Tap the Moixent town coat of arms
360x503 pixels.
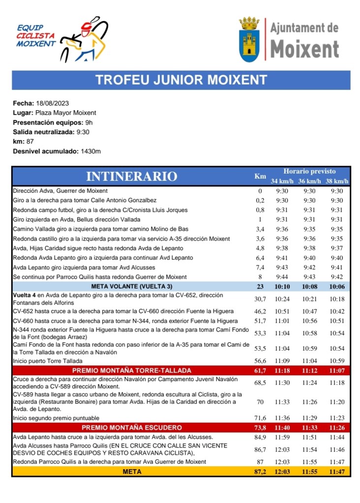pyautogui.click(x=249, y=39)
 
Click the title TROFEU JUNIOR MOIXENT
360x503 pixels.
pyautogui.click(x=181, y=80)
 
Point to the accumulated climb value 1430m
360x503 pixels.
pyautogui.click(x=90, y=151)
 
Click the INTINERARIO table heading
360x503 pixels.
pyautogui.click(x=131, y=176)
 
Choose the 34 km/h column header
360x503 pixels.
pyautogui.click(x=282, y=181)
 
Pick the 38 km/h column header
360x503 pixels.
pyautogui.click(x=337, y=181)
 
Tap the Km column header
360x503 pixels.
pyautogui.click(x=260, y=176)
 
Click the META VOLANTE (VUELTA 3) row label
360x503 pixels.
pyautogui.click(x=131, y=286)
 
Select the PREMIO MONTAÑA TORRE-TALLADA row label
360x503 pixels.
pyautogui.click(x=131, y=370)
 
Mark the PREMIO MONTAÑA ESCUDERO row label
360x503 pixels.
pyautogui.click(x=131, y=427)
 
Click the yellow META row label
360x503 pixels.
pyautogui.click(x=131, y=472)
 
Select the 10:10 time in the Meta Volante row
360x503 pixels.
pyautogui.click(x=282, y=286)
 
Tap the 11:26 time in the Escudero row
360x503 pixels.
pyautogui.click(x=337, y=427)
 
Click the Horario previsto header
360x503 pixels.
pyautogui.click(x=309, y=171)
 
